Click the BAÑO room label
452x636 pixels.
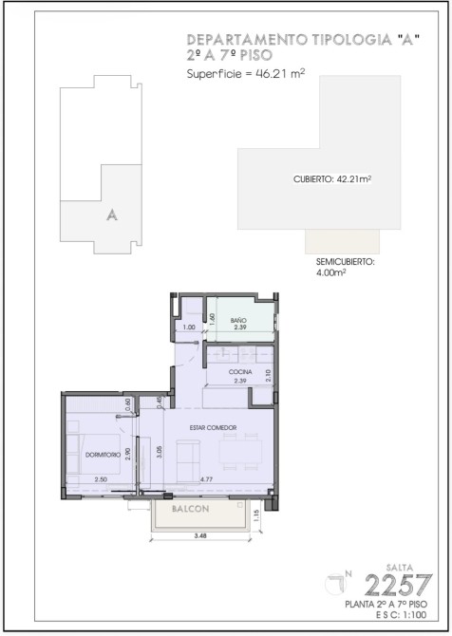coord(238,320)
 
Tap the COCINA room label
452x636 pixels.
coord(240,371)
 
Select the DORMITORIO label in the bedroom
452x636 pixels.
coord(103,455)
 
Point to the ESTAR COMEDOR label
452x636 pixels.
coord(213,427)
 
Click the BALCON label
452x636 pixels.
coord(190,509)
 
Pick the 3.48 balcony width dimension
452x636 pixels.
coord(200,535)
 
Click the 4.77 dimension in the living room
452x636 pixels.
coord(206,479)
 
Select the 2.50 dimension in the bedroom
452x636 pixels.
coord(101,479)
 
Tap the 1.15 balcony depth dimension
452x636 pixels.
coord(255,516)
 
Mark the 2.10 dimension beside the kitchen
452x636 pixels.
coord(268,375)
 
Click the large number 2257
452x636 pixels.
coord(398,585)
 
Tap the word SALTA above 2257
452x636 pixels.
coord(400,568)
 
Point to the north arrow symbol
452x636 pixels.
coord(338,583)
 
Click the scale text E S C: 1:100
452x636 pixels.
coord(402,614)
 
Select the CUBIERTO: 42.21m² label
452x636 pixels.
coord(332,178)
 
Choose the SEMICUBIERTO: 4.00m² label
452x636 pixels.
coord(345,267)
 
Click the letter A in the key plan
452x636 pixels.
coord(112,215)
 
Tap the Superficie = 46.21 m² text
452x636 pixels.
coord(246,73)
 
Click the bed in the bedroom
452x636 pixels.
coord(93,454)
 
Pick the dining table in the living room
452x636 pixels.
coord(240,452)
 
